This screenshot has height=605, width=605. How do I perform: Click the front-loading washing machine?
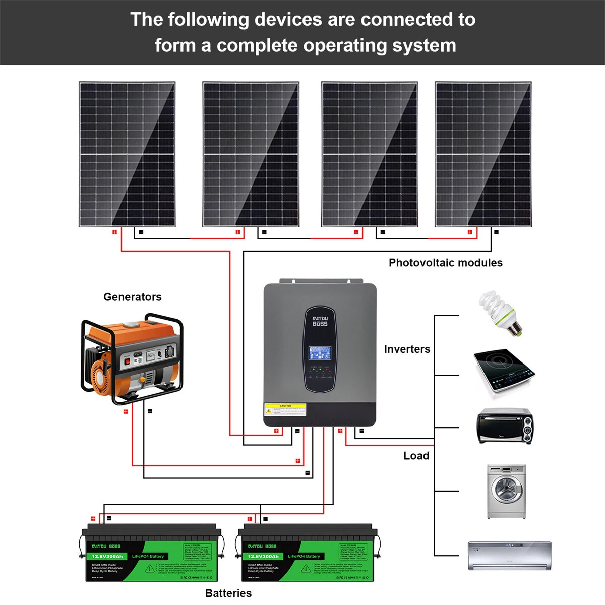[x=506, y=492]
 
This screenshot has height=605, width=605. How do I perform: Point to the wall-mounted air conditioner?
[x=509, y=556]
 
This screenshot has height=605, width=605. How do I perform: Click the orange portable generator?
[x=132, y=359]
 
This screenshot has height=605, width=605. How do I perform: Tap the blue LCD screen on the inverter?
[x=320, y=353]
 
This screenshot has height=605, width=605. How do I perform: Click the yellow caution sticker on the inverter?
[x=285, y=410]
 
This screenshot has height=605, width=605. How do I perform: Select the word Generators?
[x=132, y=297]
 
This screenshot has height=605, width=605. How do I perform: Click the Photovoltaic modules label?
[x=445, y=263]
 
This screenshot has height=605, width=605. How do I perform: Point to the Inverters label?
[x=407, y=349]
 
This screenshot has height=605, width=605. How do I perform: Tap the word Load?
[x=416, y=456]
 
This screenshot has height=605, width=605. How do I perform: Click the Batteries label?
[x=228, y=593]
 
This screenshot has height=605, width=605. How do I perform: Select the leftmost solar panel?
[x=127, y=154]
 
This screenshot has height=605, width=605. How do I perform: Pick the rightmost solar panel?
[x=483, y=154]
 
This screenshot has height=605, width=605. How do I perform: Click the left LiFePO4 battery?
[x=151, y=553]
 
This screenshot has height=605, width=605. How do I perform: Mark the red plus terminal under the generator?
[x=126, y=412]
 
